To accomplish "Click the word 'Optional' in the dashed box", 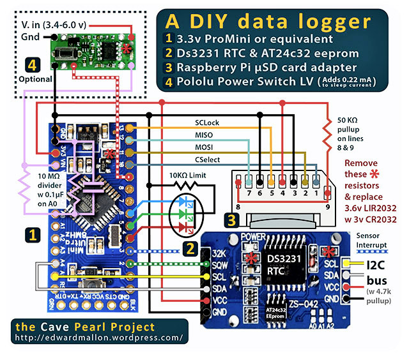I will (x=32, y=78).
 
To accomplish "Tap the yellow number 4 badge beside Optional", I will (x=32, y=64).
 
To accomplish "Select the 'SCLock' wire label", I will (x=209, y=121).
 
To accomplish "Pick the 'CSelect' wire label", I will (x=210, y=160).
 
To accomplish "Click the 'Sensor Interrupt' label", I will (x=377, y=240).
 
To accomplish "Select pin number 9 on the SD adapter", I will (x=328, y=207).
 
